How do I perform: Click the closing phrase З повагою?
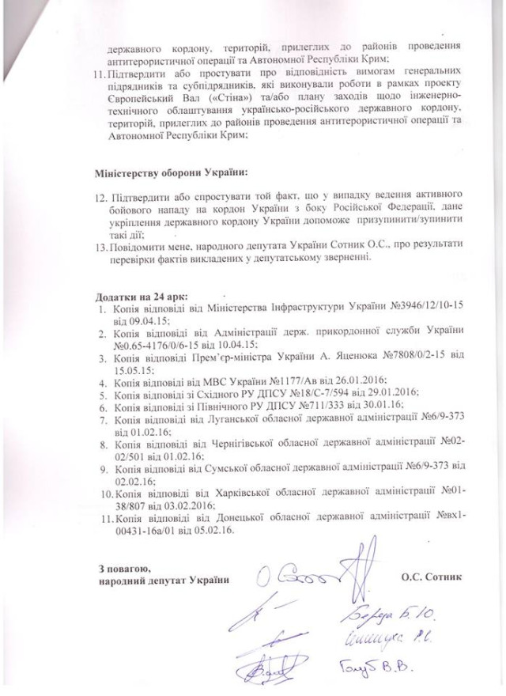pos(123,568)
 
